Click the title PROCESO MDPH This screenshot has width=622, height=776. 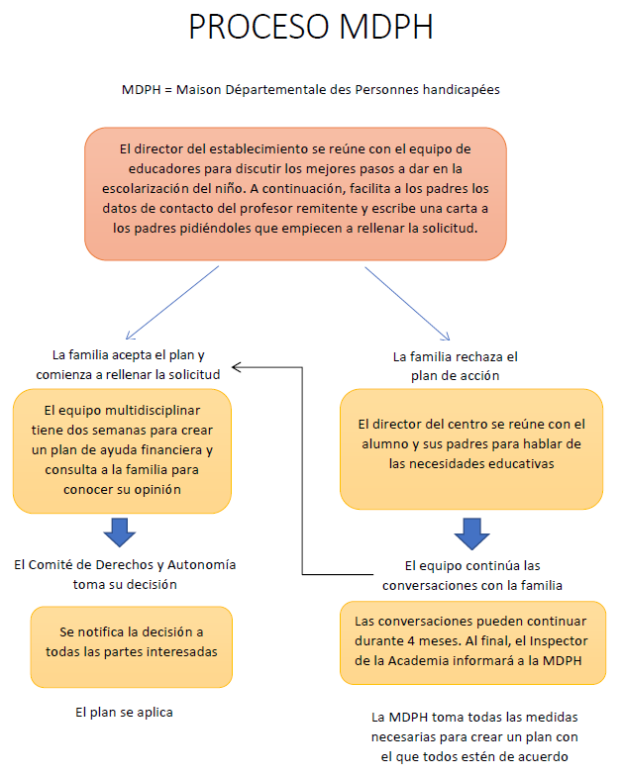311,27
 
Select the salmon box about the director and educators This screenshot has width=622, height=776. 295,194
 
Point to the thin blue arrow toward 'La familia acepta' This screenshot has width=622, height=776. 172,303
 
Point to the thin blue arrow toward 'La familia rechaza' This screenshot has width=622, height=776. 408,304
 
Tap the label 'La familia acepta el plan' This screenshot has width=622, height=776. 128,364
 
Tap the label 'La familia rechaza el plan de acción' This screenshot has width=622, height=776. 456,366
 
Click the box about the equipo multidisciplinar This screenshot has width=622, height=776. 123,451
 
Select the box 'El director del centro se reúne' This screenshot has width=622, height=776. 471,449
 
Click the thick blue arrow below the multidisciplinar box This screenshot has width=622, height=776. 119,533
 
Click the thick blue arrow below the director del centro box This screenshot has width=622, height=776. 471,534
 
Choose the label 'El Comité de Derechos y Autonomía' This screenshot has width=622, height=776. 125,574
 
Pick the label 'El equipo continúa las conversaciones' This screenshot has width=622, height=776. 472,576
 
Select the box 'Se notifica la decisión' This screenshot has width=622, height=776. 131,647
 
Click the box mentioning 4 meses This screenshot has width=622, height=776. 473,643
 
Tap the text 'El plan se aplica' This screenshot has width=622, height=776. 125,713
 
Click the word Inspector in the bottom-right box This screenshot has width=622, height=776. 559,641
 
